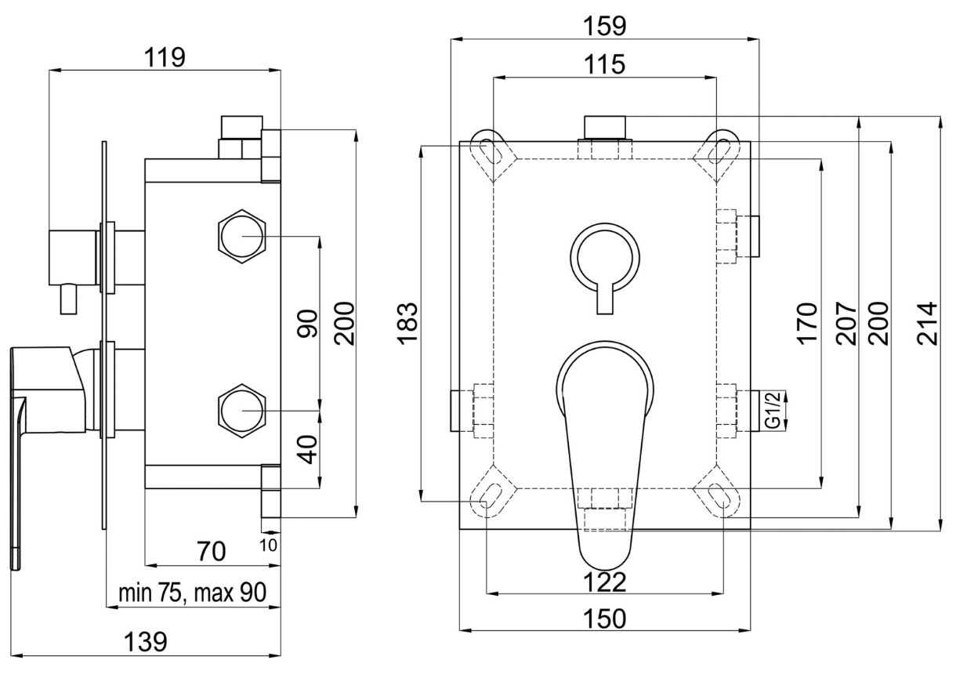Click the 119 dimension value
tap(165, 57)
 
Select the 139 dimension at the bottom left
tap(145, 641)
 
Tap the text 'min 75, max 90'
tap(193, 593)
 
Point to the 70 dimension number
tap(212, 551)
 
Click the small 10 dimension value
tap(269, 546)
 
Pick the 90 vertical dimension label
tap(308, 323)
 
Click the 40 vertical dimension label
tap(308, 450)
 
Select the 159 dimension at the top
tap(605, 26)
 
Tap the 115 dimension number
tap(604, 64)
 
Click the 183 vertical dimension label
tap(407, 323)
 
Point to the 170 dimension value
tap(807, 323)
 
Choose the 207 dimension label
tap(846, 323)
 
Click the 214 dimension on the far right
tap(928, 323)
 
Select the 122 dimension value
tap(605, 582)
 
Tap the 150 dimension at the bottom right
tap(605, 618)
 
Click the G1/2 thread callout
tap(773, 410)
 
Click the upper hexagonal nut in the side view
tap(242, 236)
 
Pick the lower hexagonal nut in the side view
tap(242, 410)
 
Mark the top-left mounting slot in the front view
tap(491, 152)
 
